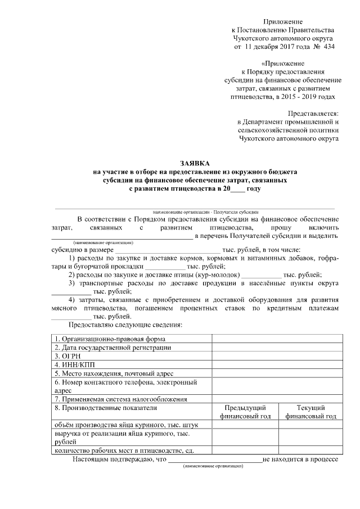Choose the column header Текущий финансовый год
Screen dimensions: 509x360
[x=310, y=412]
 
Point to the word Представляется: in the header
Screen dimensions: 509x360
[x=313, y=113]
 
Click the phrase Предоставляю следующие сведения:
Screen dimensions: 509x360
[x=125, y=325]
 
